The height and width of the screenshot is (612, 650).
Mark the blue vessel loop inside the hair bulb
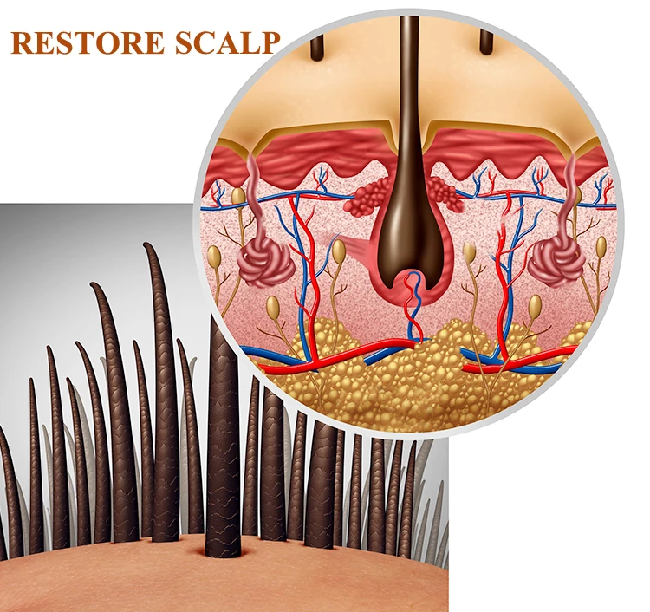(414, 290)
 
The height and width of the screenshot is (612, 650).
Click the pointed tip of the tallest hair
(148, 246)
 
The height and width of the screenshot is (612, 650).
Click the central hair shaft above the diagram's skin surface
(408, 69)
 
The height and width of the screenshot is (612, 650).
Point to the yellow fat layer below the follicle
(407, 373)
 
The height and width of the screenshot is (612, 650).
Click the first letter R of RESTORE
(19, 42)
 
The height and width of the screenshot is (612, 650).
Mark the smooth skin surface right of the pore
(347, 576)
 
